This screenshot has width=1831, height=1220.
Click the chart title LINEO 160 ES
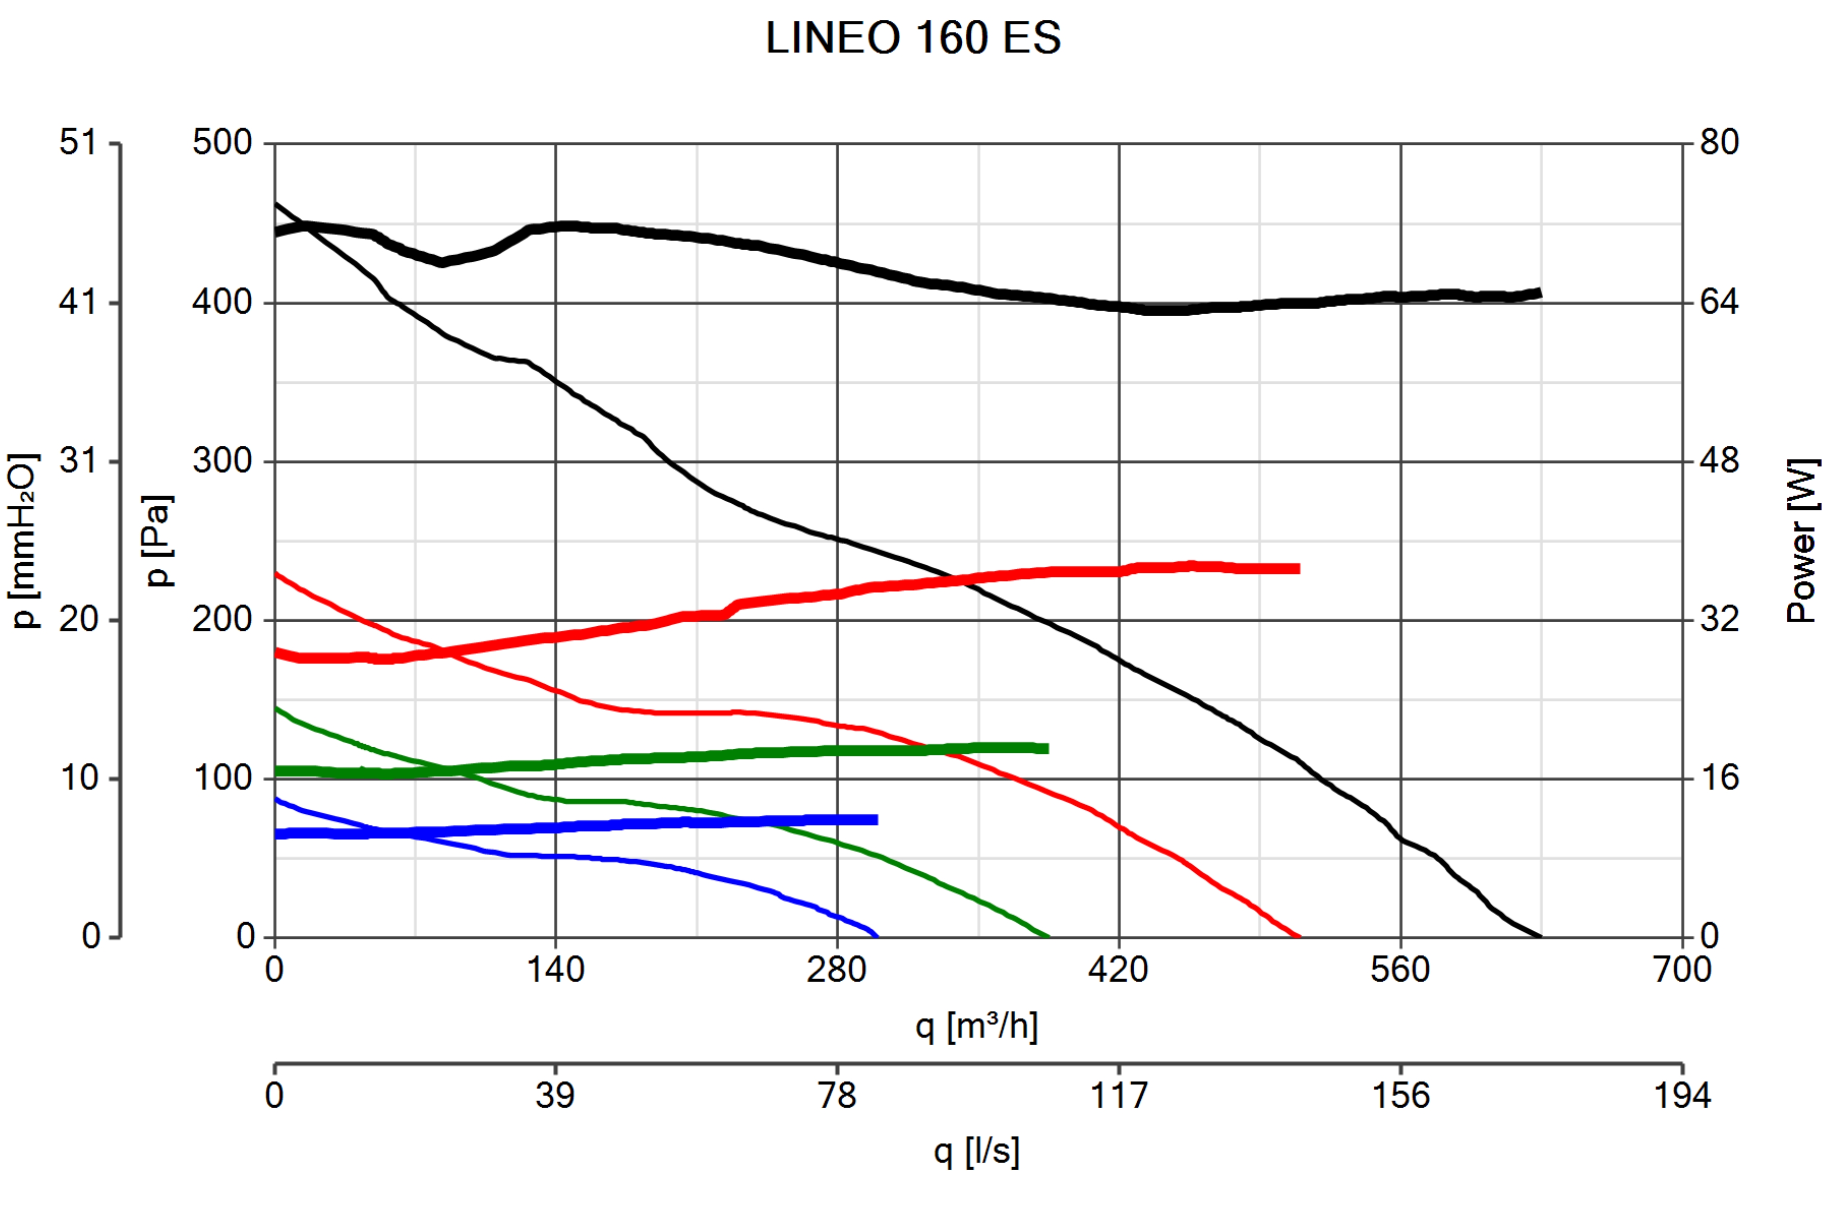[x=913, y=37]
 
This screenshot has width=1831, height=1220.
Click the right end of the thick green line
[x=1048, y=748]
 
